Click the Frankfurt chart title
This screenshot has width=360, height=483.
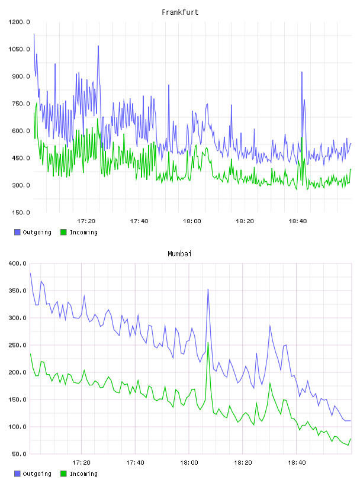[180, 12]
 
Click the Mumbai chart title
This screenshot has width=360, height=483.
[179, 254]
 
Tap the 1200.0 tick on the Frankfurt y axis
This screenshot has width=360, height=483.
[19, 22]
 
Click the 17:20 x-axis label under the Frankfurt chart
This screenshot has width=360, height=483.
[86, 221]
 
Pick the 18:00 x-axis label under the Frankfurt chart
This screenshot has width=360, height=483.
[192, 221]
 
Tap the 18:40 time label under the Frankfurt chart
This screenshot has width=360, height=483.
[298, 221]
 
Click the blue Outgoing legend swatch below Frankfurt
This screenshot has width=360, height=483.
[17, 232]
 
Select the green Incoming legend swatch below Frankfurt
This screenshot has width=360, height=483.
[63, 232]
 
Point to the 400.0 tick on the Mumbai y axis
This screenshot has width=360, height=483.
[18, 263]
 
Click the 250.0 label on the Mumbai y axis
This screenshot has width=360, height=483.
[18, 345]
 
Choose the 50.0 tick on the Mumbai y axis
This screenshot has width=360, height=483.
[19, 454]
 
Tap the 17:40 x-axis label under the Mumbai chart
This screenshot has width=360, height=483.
[136, 463]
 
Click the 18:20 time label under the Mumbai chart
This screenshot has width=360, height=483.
[243, 463]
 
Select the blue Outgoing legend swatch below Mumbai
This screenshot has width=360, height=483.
[17, 474]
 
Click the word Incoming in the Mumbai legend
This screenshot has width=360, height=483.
[83, 474]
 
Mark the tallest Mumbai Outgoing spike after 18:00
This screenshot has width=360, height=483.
[208, 289]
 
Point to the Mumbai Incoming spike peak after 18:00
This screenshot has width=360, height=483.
[208, 343]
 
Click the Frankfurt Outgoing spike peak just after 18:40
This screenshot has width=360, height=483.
[302, 72]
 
